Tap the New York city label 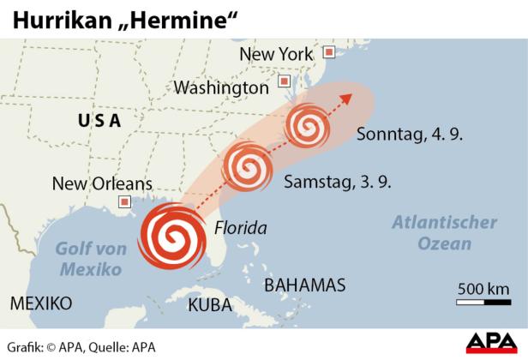(x=276, y=54)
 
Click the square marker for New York (x=327, y=53)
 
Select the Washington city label (x=221, y=87)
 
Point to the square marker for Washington (x=284, y=82)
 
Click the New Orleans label (x=102, y=183)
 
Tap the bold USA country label (x=99, y=121)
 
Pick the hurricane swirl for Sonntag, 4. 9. (x=307, y=126)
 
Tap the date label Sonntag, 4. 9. (x=410, y=135)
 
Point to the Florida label (x=240, y=228)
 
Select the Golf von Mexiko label (x=91, y=258)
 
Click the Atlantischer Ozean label (x=444, y=233)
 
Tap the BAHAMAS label (x=304, y=285)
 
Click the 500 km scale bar (x=483, y=301)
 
